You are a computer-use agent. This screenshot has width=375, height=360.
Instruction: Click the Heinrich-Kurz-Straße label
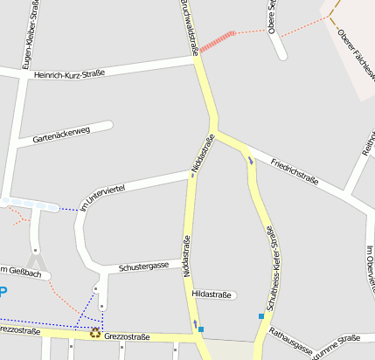(69, 73)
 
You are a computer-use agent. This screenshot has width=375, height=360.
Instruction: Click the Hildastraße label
(212, 294)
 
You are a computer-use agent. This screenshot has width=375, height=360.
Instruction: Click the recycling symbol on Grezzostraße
(94, 333)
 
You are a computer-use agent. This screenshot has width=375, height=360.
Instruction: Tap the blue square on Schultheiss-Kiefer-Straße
(260, 315)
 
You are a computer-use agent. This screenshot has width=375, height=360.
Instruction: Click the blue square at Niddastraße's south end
(201, 329)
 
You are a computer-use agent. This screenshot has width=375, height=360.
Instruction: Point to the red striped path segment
(218, 41)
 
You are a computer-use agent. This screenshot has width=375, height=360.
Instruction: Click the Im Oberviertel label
(370, 271)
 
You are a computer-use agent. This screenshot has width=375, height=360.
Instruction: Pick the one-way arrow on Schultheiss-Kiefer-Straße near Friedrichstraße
(252, 160)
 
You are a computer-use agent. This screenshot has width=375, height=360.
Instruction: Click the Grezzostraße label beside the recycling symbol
(127, 336)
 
